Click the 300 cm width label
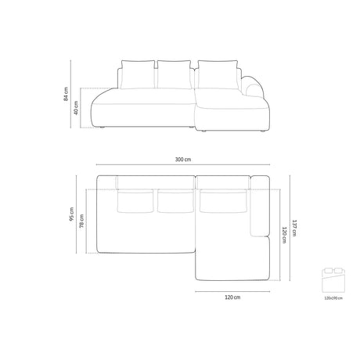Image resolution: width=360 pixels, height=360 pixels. click(183, 160)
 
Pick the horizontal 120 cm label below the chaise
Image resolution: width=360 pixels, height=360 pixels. click(232, 297)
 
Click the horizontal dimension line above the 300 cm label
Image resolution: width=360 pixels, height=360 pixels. click(183, 165)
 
